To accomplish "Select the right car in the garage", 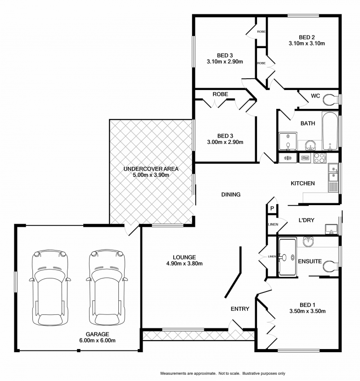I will pos(106,288).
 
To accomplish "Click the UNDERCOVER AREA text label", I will pos(151,169).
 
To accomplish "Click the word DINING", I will pos(231,195).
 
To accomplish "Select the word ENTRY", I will pos(240,309).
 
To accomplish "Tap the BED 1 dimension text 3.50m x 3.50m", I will pos(307,311).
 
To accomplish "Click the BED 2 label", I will pos(306,37).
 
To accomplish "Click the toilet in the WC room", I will pos(332,98).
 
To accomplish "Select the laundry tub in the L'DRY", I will pos(331,229).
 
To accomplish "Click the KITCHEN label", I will pos(302,184).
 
